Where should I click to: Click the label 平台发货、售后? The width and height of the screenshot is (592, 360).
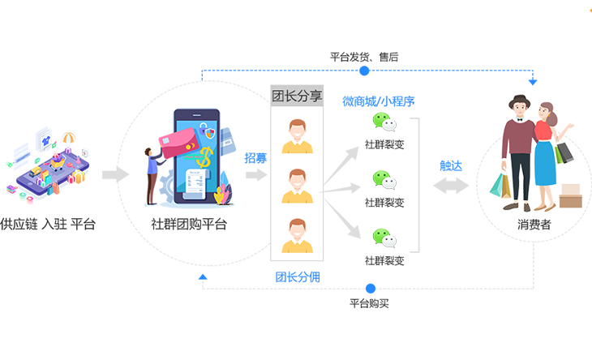point(364,57)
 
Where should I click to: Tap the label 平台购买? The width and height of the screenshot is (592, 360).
point(370,303)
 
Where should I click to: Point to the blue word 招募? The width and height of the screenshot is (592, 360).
point(255,157)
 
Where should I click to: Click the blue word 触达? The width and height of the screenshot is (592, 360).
point(451,165)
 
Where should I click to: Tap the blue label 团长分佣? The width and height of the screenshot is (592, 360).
point(298,276)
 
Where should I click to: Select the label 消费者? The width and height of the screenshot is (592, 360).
point(534,225)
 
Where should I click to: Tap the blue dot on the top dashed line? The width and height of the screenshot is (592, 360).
point(364,71)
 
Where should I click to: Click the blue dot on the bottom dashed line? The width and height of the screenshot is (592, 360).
point(371,289)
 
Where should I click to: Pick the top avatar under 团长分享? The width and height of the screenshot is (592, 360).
point(297,135)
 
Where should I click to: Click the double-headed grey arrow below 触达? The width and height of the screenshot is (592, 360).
point(451,185)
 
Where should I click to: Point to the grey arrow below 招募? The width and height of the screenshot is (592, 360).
point(256,174)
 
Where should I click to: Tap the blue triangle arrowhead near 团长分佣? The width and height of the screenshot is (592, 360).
point(203,277)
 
